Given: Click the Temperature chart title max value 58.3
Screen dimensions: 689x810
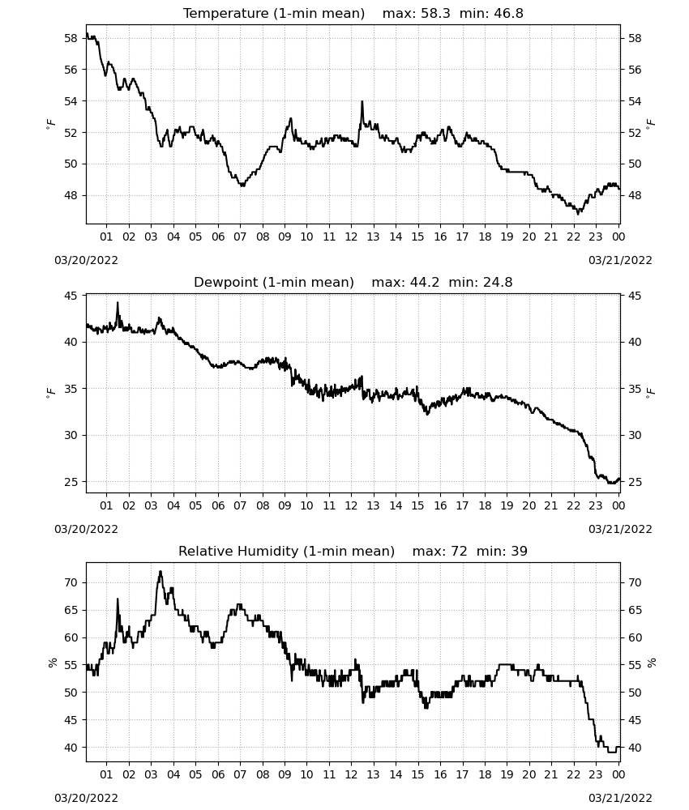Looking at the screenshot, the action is [435, 14].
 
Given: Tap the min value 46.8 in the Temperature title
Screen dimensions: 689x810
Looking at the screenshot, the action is [508, 14].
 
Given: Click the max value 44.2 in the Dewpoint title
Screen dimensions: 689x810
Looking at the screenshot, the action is [425, 283].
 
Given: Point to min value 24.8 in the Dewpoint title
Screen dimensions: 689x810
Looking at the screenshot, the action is [498, 283].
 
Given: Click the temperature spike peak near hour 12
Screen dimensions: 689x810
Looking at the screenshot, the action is [362, 101].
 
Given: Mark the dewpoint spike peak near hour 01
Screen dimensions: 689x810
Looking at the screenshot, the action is [118, 303].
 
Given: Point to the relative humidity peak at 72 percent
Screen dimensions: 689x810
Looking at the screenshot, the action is [160, 571].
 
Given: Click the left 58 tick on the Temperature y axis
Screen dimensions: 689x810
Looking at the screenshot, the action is [71, 38].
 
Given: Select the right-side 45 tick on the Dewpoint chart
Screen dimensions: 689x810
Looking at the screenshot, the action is [634, 296].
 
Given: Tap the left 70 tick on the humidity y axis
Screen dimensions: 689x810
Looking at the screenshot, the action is [71, 582].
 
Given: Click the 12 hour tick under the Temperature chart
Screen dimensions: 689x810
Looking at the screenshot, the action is [351, 237].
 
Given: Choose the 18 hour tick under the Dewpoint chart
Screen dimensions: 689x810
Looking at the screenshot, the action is [485, 505].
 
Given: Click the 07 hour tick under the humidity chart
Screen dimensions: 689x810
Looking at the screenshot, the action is [240, 774].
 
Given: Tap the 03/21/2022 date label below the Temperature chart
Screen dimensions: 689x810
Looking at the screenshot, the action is [620, 260].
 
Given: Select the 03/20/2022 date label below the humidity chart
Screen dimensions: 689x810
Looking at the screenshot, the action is [86, 798].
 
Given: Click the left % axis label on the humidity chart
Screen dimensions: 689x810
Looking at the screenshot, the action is [52, 663].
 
